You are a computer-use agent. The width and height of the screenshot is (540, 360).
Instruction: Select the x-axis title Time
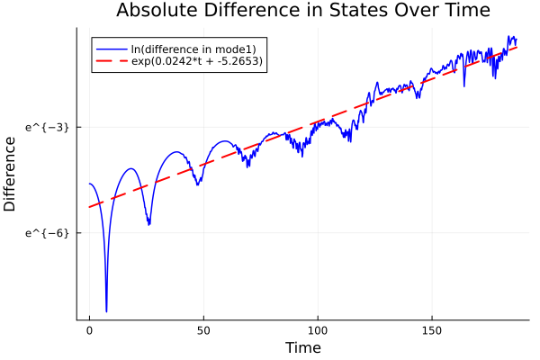[302, 347]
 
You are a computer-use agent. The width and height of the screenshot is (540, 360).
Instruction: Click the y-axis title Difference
[11, 174]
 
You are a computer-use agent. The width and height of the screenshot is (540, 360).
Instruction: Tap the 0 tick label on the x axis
[89, 330]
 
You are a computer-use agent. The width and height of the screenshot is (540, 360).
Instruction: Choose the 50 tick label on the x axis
[203, 330]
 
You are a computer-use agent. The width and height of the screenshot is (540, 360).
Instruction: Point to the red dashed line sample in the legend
[112, 61]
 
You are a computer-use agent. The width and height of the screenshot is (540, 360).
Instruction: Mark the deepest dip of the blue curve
[106, 311]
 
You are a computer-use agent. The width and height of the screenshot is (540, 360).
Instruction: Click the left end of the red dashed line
[89, 207]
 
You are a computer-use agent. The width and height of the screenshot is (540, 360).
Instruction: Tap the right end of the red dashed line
[517, 46]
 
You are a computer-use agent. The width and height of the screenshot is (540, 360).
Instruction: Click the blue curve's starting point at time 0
[89, 184]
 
